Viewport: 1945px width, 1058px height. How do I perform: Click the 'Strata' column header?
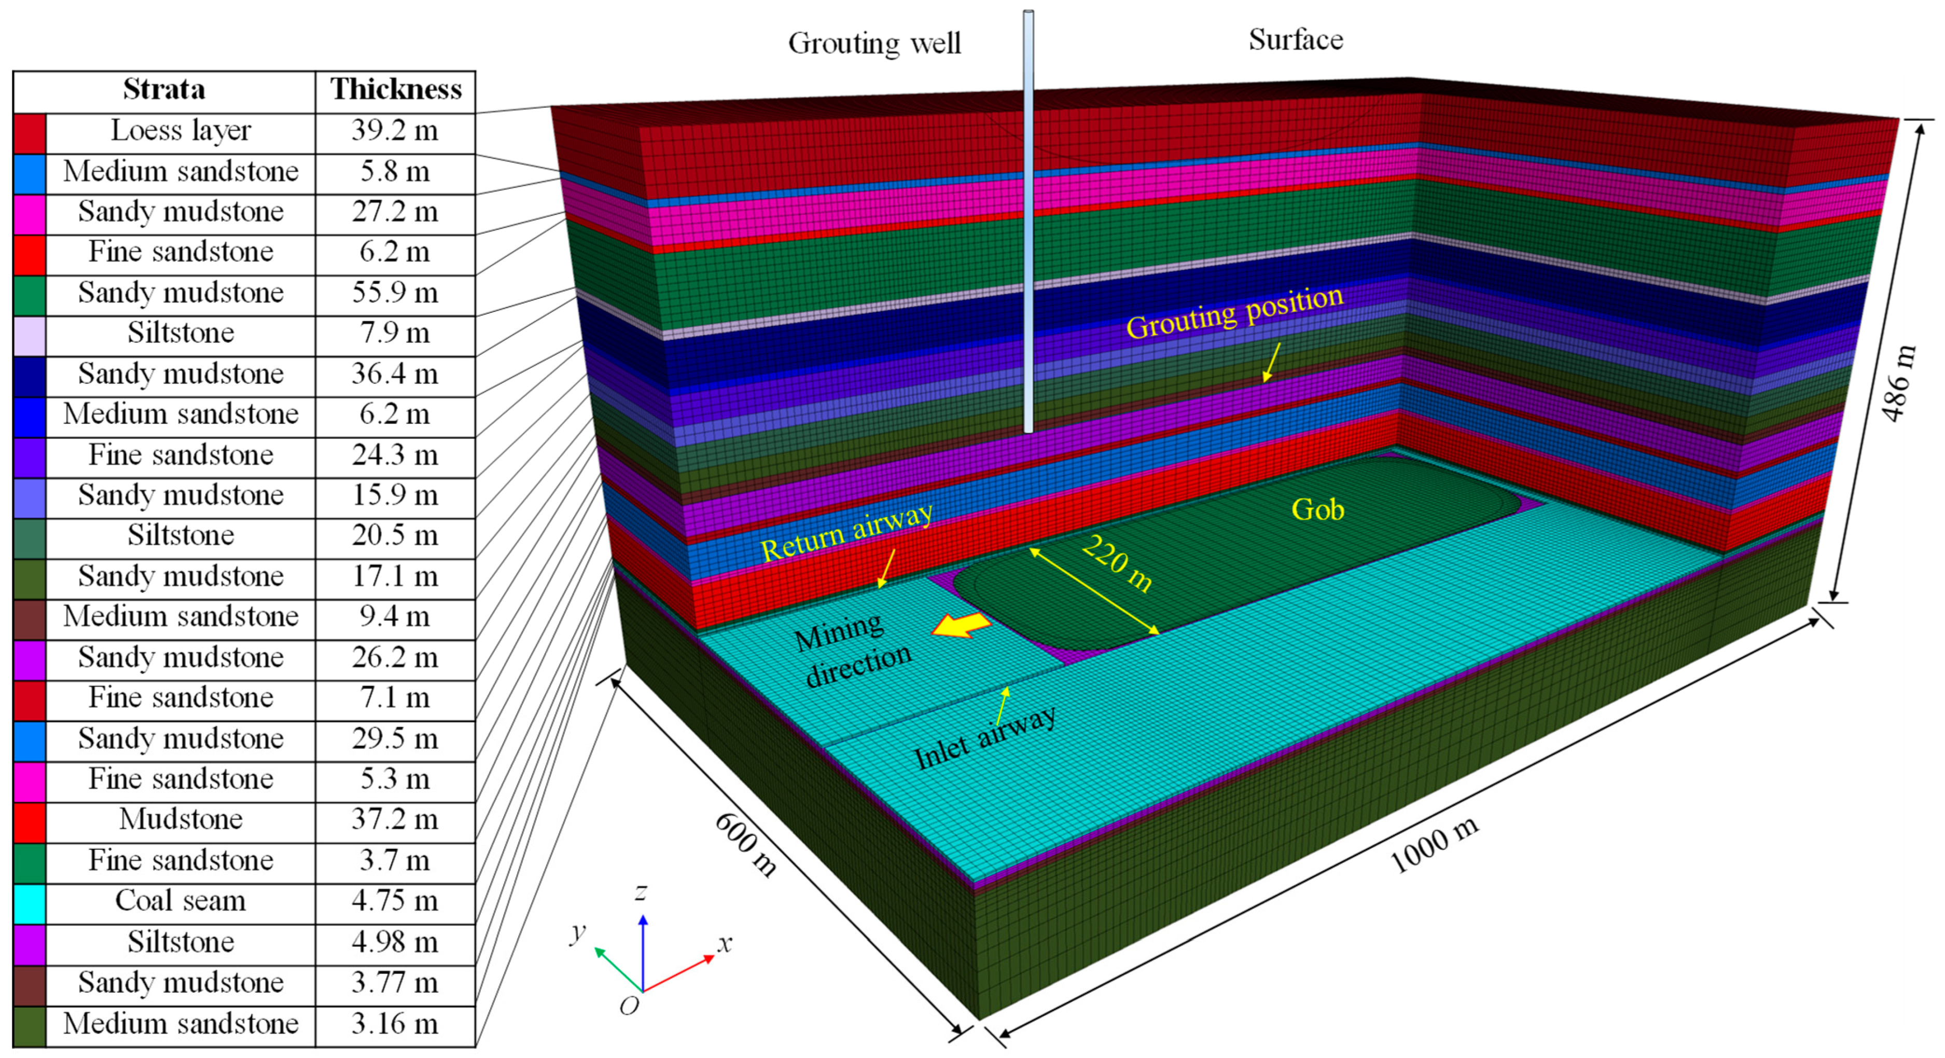click(164, 90)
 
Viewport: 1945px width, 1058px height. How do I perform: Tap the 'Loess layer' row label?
click(180, 131)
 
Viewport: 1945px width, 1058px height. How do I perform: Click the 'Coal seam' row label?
click(180, 901)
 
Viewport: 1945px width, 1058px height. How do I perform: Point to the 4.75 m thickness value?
click(395, 901)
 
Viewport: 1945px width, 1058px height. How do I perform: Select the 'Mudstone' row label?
click(180, 819)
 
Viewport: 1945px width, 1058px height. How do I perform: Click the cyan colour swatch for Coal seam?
click(30, 904)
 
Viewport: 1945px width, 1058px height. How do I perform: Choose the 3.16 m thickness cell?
click(395, 1024)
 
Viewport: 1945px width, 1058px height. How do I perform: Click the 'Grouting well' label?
click(874, 44)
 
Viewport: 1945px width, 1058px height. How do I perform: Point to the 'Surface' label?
click(1296, 40)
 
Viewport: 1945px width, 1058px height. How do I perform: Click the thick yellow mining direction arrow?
click(961, 625)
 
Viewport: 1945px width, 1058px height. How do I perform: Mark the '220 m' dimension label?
click(1117, 564)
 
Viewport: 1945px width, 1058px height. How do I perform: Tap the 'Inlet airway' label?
click(984, 738)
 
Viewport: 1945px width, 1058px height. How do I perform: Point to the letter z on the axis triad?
click(641, 892)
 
